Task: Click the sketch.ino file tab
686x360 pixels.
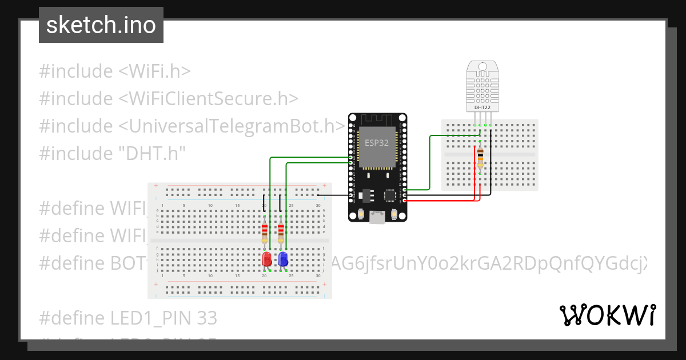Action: pyautogui.click(x=101, y=25)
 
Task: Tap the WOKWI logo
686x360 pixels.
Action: pyautogui.click(x=607, y=315)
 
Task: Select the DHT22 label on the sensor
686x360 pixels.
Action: pyautogui.click(x=482, y=107)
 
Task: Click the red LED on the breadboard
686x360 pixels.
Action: pyautogui.click(x=266, y=259)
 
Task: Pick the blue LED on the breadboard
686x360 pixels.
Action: pyautogui.click(x=282, y=259)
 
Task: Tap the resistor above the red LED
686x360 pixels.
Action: pyautogui.click(x=264, y=231)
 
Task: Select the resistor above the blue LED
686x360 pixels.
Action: pyautogui.click(x=281, y=231)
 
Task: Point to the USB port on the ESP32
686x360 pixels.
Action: pyautogui.click(x=378, y=217)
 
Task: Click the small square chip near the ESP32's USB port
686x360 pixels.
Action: pyautogui.click(x=390, y=195)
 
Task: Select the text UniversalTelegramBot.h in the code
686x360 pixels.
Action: pyautogui.click(x=229, y=126)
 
